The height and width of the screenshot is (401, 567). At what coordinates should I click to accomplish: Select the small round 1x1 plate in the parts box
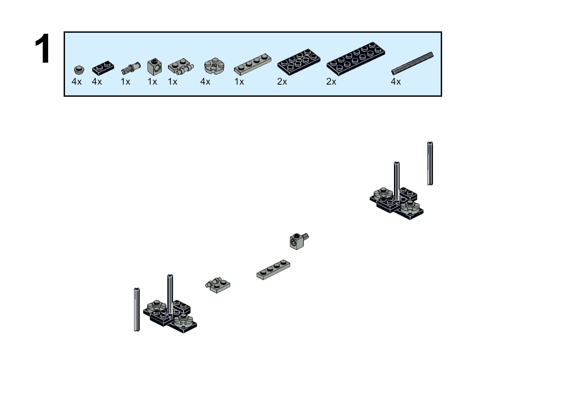point(79,70)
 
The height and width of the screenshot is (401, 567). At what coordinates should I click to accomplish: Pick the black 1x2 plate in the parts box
point(103,68)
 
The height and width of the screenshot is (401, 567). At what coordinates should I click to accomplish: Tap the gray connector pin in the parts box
point(131,68)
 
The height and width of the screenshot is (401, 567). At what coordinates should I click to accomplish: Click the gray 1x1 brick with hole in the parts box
point(155,67)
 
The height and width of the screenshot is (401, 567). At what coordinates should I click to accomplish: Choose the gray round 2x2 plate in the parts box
point(214,66)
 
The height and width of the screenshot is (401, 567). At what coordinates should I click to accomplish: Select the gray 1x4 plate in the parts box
point(253,64)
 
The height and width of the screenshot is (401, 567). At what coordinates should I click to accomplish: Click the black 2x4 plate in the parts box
point(299,62)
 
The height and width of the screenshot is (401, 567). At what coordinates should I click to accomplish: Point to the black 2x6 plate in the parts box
point(356,59)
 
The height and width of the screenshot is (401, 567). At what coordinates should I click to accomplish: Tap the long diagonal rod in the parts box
point(412,63)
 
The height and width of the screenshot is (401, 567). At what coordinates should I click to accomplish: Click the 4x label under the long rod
point(396,82)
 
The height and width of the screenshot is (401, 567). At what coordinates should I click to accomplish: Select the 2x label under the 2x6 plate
point(331,82)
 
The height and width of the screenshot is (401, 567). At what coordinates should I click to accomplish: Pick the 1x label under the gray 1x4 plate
point(239,82)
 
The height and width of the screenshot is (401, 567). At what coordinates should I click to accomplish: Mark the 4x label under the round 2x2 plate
point(205,82)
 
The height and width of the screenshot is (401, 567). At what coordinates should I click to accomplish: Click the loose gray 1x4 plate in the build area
point(273,270)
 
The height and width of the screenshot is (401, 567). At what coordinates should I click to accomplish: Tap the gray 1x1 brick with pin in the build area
point(299,241)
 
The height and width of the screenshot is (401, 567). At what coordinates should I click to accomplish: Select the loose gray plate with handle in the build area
point(218,285)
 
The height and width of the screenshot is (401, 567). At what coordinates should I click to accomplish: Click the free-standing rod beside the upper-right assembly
point(430,163)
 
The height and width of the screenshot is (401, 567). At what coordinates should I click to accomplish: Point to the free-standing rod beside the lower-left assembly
point(137,310)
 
